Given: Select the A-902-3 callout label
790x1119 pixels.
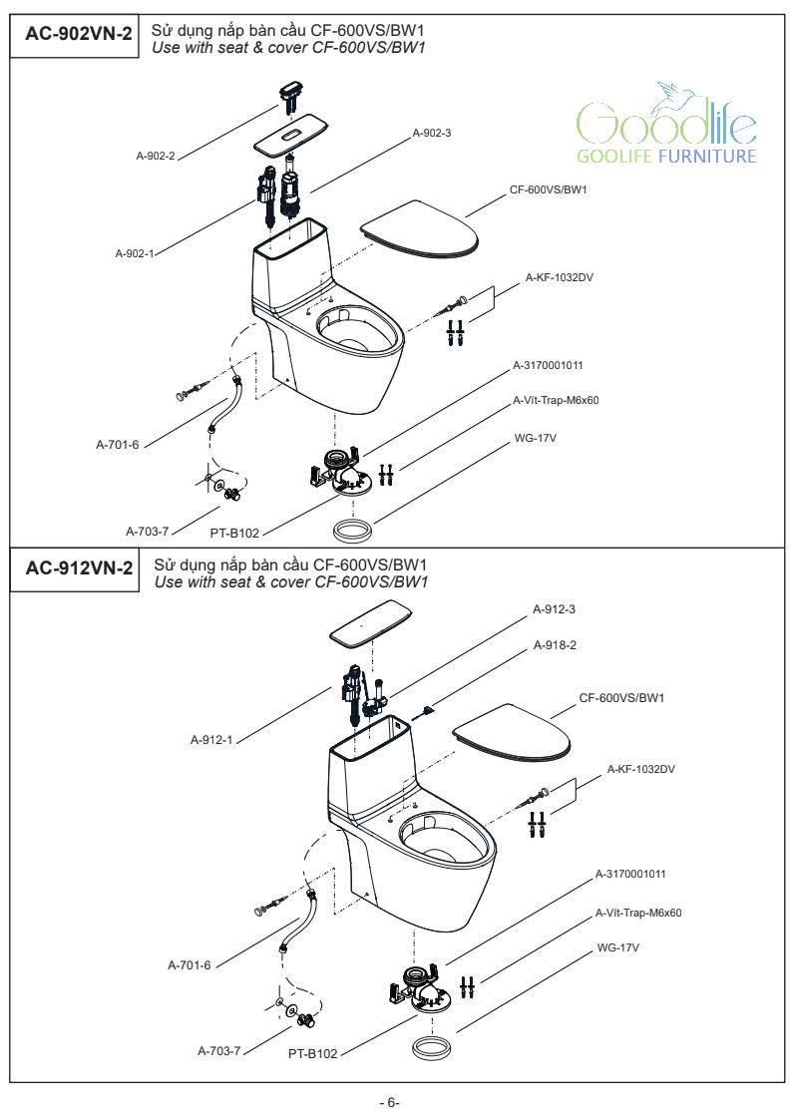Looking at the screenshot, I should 432,133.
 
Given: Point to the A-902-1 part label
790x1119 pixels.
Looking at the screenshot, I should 135,253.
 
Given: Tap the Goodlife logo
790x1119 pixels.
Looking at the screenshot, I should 665,126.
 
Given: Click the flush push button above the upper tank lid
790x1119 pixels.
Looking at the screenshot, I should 290,99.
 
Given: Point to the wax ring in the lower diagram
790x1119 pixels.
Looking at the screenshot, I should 431,1049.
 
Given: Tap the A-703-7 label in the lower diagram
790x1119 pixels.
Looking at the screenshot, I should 217,1050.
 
